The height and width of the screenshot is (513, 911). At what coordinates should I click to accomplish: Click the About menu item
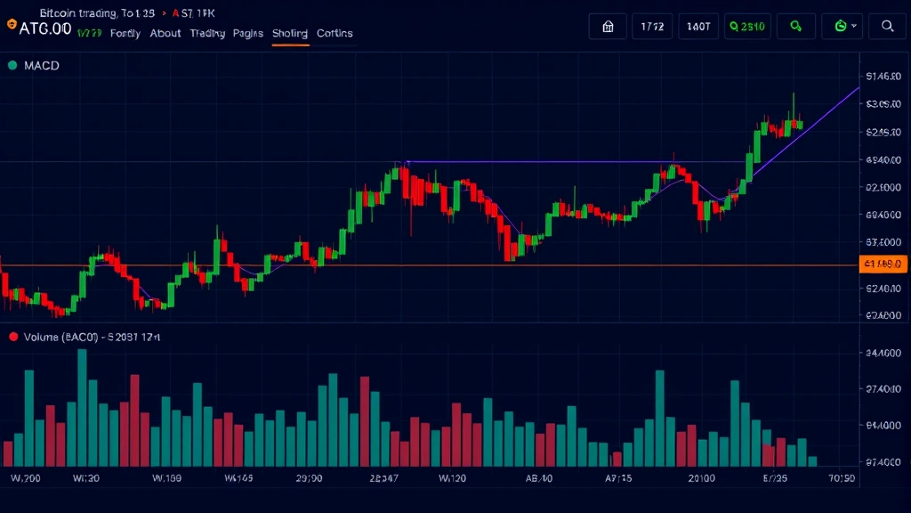[165, 34]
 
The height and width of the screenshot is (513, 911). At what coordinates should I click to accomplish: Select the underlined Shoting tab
[290, 34]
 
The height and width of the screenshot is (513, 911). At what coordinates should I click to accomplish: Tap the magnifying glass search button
[887, 27]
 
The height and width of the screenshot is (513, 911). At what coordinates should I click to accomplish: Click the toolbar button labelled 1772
[652, 27]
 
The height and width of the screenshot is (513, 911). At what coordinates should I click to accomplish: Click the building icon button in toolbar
[609, 27]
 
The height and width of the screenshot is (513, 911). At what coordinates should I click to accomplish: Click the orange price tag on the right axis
[883, 264]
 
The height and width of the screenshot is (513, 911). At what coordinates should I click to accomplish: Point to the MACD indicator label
[42, 66]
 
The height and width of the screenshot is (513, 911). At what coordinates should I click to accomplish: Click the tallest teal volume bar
[82, 407]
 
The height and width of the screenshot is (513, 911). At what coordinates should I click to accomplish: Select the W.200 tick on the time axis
[26, 478]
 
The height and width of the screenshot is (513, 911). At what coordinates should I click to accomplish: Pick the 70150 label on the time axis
[842, 478]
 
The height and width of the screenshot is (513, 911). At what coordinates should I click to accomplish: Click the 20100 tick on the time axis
[701, 478]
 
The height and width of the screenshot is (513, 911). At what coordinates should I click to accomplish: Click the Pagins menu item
[248, 34]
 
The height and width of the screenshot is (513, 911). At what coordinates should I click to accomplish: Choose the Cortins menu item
[335, 34]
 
